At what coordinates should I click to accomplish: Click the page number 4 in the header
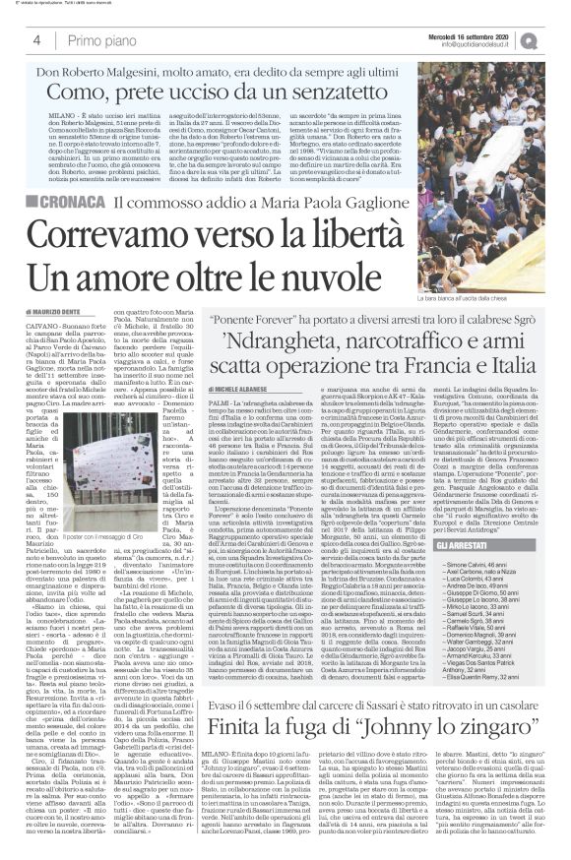[x=36, y=40]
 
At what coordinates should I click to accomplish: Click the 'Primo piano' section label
[x=98, y=40]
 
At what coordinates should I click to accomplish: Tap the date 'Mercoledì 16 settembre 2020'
[x=488, y=35]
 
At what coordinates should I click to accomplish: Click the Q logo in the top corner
[x=558, y=40]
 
